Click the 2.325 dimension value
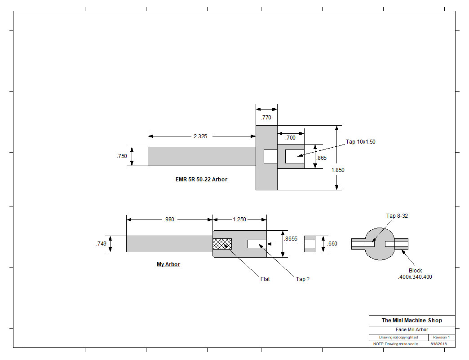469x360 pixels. point(200,136)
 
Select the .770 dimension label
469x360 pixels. point(266,118)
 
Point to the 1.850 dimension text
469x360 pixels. point(338,170)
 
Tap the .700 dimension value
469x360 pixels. point(290,138)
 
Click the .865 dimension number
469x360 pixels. point(322,158)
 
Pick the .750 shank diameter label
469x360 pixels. point(122,156)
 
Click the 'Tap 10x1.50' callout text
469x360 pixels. point(360,141)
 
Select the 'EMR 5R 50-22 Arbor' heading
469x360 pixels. point(201,179)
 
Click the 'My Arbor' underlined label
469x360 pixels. point(168,264)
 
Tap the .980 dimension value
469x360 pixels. point(169,220)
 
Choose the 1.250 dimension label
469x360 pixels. point(239,220)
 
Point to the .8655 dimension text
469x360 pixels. point(291,239)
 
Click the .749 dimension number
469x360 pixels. point(101,243)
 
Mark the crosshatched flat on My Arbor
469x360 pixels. point(222,244)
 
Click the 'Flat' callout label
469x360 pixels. point(265,279)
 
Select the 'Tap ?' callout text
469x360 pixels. point(303,279)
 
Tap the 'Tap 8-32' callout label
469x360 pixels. point(397,216)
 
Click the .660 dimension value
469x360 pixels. point(332,244)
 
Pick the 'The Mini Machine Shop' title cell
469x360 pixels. point(412,320)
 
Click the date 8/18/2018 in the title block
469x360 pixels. point(438,344)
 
